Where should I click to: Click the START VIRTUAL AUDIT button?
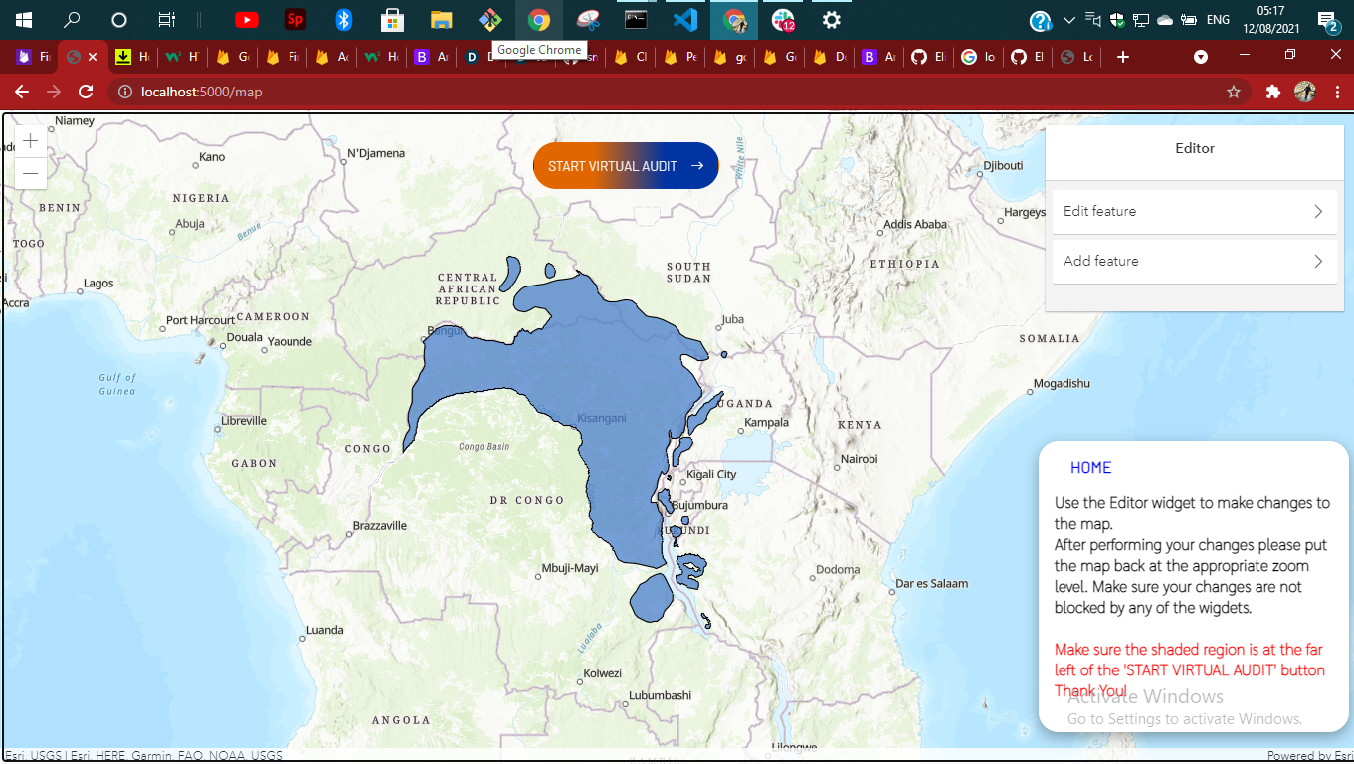point(626,166)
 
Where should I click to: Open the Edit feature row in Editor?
point(1194,211)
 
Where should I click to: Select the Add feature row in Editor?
point(1194,261)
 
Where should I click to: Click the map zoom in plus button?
point(31,141)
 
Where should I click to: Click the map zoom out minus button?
point(31,173)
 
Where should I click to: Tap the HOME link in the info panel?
point(1090,468)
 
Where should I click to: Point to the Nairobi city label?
point(859,459)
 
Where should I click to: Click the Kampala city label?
point(766,422)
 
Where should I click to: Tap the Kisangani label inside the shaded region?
point(601,418)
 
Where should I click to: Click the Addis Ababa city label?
point(915,224)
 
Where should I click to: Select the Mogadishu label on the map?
point(1062,383)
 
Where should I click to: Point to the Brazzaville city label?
point(380,525)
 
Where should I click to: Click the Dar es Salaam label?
point(931,584)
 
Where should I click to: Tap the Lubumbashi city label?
point(660,695)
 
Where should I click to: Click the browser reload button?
point(86,92)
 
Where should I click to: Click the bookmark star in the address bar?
point(1234,92)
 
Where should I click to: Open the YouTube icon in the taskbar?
point(247,20)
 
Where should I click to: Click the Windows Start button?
point(24,20)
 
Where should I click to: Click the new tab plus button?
point(1123,57)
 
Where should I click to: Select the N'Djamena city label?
point(375,153)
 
